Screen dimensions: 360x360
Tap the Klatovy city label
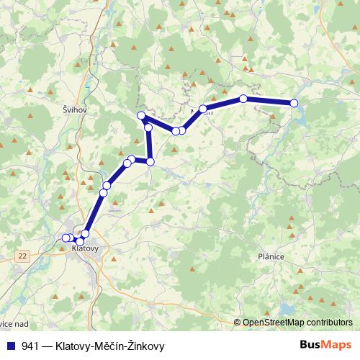pos(85,248)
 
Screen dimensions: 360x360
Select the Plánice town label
pos(270,256)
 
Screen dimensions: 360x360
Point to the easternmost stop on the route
pos(294,104)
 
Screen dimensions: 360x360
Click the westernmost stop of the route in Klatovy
pos(66,238)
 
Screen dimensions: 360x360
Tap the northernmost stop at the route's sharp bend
pos(142,116)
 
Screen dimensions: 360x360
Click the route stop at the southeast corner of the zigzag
pos(150,161)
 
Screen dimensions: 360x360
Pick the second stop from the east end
pos(243,99)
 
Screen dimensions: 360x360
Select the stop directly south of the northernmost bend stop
pos(148,127)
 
